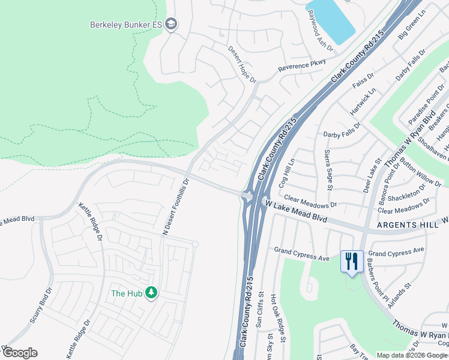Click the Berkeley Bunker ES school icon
pyautogui.click(x=171, y=25)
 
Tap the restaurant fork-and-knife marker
pyautogui.click(x=351, y=261)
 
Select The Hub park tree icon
pyautogui.click(x=152, y=293)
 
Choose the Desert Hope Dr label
pyautogui.click(x=242, y=65)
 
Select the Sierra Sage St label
pyautogui.click(x=328, y=170)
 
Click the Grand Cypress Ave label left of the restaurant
pyautogui.click(x=302, y=254)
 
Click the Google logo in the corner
pyautogui.click(x=20, y=353)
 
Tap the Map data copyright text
pyautogui.click(x=411, y=355)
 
